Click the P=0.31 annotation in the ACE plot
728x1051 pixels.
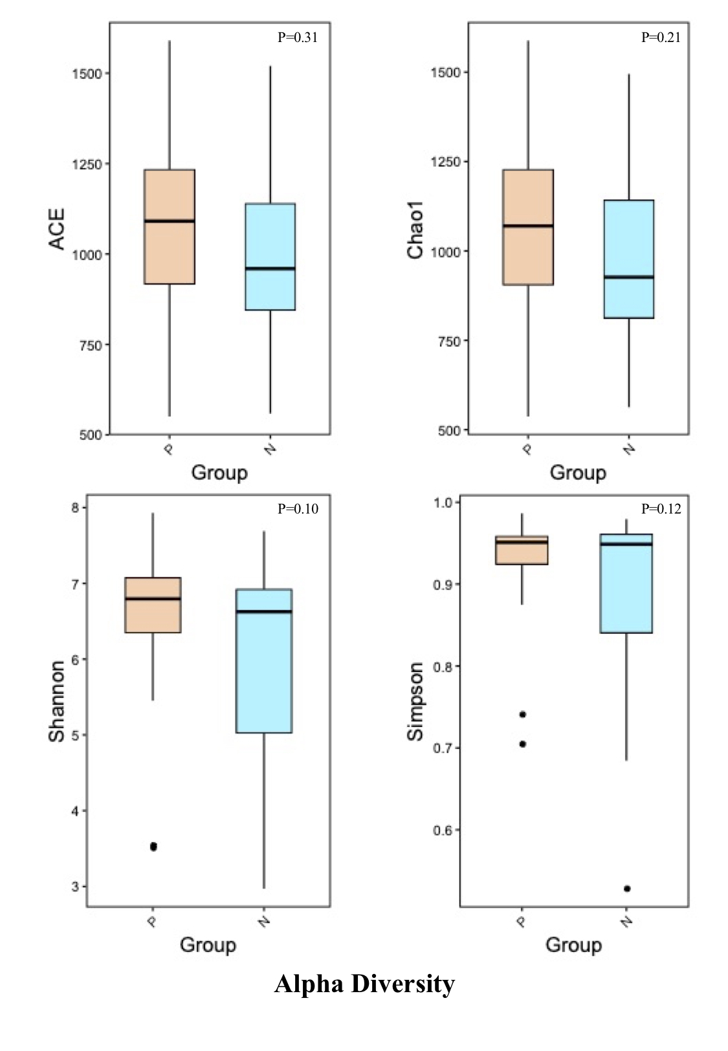tap(297, 38)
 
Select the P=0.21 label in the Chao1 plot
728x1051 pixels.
tap(661, 38)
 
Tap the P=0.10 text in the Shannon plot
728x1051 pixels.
tap(298, 508)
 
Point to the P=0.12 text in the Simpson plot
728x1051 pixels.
tap(661, 508)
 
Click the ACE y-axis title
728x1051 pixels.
tap(56, 229)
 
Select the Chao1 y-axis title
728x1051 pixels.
tap(415, 230)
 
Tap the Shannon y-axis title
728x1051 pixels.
tap(56, 701)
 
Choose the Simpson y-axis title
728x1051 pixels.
tap(415, 702)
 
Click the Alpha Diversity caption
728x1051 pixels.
tap(364, 984)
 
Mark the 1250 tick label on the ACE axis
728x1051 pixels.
tap(87, 165)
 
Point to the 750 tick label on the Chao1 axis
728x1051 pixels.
tap(449, 341)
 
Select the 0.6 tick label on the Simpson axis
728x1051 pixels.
tap(443, 830)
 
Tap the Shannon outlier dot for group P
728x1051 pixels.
tap(153, 847)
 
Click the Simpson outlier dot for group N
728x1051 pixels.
tap(627, 889)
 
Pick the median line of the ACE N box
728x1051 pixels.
tap(270, 268)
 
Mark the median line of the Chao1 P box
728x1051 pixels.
tap(528, 226)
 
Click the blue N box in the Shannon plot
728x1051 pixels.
tap(264, 661)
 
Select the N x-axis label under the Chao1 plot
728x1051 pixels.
tap(629, 449)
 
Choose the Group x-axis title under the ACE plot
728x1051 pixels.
tap(219, 473)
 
